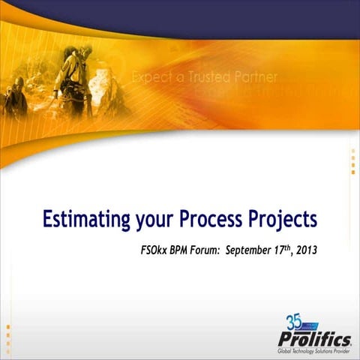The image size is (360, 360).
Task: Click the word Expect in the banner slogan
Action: (154, 77)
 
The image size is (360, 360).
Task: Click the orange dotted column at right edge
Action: (353, 161)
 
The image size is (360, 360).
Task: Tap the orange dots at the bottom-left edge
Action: (8, 334)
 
